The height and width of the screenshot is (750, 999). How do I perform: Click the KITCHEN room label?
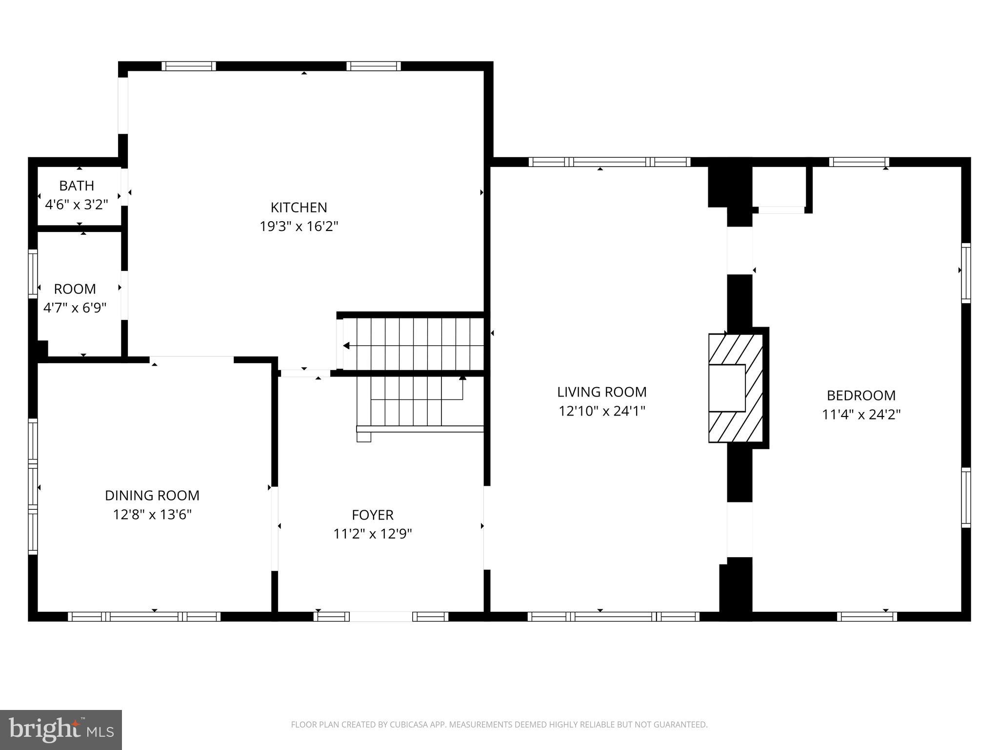[299, 208]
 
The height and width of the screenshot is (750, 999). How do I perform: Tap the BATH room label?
[77, 186]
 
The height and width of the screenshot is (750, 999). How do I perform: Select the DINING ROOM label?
[152, 495]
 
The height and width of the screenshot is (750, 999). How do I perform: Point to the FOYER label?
[373, 515]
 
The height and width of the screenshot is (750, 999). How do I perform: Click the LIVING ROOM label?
[602, 392]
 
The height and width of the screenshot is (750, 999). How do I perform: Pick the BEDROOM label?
[861, 395]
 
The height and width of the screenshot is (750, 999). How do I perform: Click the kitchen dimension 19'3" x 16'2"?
[299, 227]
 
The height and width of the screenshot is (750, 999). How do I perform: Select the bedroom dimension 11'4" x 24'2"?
[861, 415]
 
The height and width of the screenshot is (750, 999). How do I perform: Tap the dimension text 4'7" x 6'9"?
[75, 308]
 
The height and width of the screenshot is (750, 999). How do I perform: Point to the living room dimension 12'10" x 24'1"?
[602, 411]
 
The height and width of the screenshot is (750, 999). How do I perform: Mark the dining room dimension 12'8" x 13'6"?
[152, 515]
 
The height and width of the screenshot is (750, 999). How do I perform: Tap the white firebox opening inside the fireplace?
[727, 388]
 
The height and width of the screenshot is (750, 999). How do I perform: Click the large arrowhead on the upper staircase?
[346, 346]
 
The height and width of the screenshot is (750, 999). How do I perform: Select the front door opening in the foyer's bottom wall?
[381, 616]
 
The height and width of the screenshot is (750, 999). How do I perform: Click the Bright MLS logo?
[60, 729]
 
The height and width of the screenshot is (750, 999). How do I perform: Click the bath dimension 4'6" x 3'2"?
[77, 205]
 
